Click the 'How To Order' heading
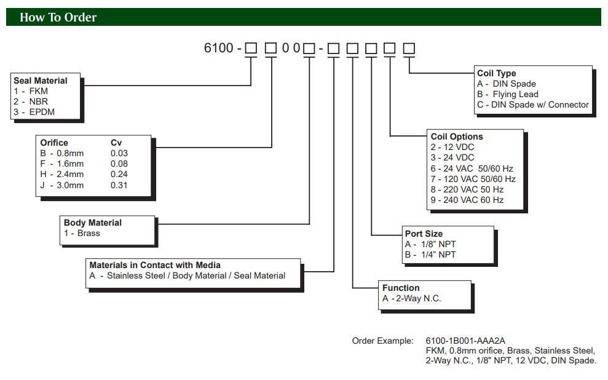point(58,17)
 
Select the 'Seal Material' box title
point(41,81)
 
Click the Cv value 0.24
point(119,174)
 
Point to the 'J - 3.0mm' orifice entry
point(61,185)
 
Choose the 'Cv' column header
point(116,143)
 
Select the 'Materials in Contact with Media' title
point(155,265)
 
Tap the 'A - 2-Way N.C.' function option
point(412,298)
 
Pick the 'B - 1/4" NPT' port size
point(430,255)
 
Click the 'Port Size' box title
point(424,234)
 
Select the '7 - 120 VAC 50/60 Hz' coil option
point(473,179)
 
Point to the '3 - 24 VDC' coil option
point(452,157)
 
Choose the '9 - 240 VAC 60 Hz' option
point(467,200)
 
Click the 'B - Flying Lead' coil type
point(507,94)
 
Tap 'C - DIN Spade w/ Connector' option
point(532,105)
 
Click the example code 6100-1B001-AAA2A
point(465,341)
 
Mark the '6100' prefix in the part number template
point(218,47)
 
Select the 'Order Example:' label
point(382,341)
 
